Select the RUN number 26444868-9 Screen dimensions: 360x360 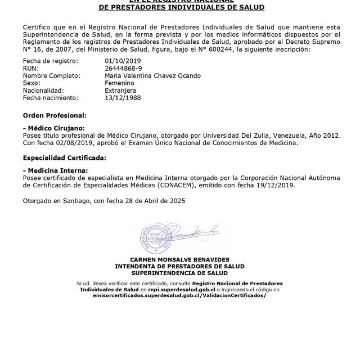(121, 68)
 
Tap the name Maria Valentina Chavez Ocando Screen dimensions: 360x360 (152, 75)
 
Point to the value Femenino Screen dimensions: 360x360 (119, 83)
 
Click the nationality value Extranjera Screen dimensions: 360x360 (120, 90)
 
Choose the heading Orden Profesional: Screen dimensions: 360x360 (55, 115)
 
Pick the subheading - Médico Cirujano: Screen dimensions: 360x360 (53, 129)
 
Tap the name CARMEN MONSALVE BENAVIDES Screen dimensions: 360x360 (179, 260)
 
